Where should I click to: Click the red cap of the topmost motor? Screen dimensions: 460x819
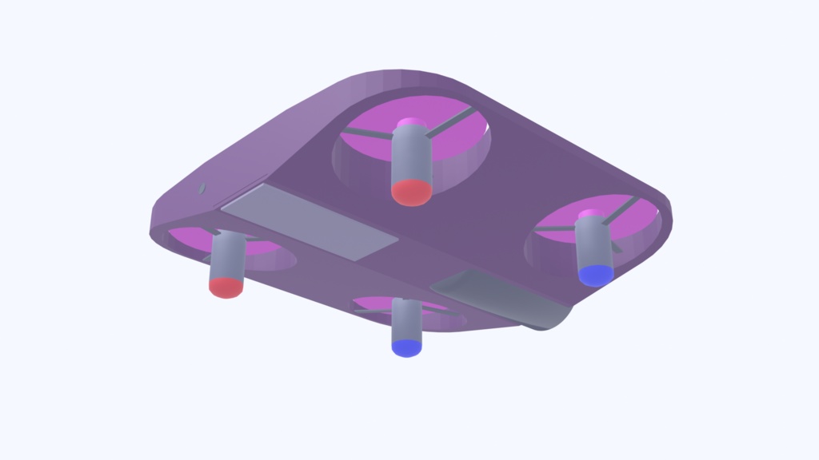[412, 192]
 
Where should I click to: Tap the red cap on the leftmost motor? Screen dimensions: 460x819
[226, 287]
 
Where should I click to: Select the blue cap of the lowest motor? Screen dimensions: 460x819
[406, 347]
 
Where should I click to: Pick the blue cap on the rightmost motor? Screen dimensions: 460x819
[596, 275]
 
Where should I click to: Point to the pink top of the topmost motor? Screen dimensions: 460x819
[411, 123]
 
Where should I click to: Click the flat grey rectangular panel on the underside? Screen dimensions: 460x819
[309, 220]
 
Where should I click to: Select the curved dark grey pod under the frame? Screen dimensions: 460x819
[504, 299]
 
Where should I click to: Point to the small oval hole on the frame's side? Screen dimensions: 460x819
[202, 188]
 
